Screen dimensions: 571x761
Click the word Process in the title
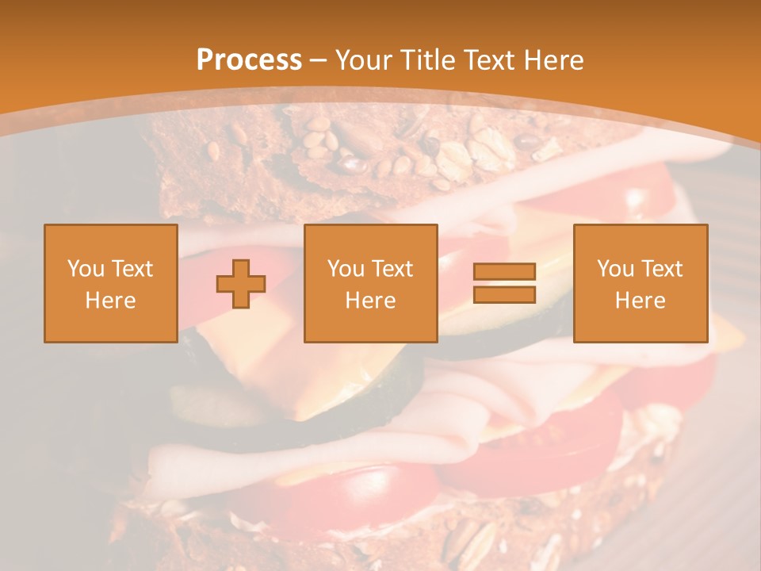point(249,60)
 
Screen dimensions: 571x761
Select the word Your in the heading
point(361,60)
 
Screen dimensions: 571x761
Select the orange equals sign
point(504,283)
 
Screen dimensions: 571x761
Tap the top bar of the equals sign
point(504,272)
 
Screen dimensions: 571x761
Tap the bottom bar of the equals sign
point(504,294)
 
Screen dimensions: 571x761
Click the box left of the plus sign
point(110,283)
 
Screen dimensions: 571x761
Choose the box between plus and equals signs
point(370,283)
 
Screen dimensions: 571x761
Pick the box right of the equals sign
point(640,283)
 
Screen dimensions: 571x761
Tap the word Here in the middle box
point(370,301)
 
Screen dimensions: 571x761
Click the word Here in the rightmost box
point(640,301)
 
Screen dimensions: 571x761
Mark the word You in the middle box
point(345,269)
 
